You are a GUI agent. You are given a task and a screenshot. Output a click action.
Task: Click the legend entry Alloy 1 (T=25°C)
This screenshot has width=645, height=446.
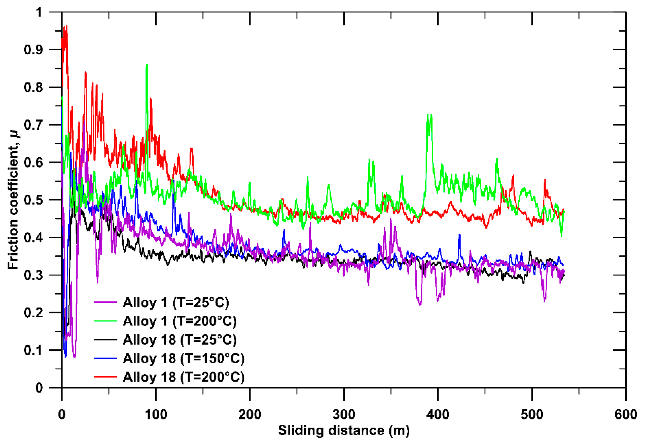[176, 302]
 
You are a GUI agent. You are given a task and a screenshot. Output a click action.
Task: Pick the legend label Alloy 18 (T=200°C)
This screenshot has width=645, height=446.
[184, 377]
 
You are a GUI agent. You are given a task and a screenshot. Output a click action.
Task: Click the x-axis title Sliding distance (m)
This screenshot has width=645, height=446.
[343, 430]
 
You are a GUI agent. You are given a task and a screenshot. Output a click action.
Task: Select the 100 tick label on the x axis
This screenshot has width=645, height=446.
[156, 414]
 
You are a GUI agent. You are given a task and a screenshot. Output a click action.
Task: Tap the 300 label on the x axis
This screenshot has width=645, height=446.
[344, 414]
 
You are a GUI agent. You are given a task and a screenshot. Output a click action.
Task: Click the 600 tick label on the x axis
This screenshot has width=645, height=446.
[625, 414]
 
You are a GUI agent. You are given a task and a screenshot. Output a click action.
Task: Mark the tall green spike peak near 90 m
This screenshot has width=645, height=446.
[147, 65]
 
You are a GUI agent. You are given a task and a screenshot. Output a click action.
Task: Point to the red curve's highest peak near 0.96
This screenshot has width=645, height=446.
[66, 26]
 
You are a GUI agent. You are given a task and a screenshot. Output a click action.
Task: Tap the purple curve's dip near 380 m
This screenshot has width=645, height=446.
[420, 305]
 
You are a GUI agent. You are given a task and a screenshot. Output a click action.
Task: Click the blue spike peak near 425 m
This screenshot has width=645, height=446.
[459, 235]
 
